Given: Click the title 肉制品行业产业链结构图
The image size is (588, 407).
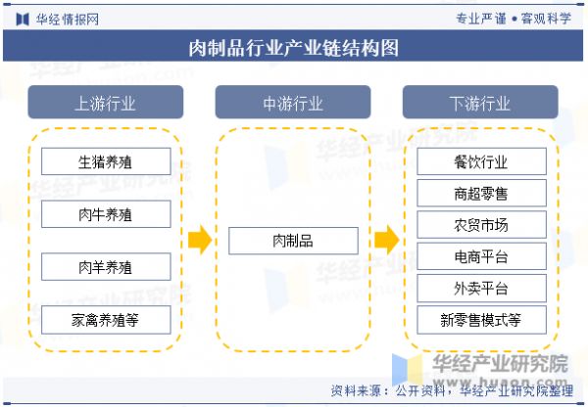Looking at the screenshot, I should coord(293,47).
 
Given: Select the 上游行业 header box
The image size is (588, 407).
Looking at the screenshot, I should coord(105,103).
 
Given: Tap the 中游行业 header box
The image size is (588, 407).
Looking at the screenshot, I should coord(293,103).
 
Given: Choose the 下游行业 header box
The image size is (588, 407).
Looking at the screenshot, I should coord(480,103).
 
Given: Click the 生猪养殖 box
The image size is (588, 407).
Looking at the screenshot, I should coord(106,161).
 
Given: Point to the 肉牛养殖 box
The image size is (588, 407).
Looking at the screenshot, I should coord(106,214).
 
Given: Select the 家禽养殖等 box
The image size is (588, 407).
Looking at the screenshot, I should coord(106,319).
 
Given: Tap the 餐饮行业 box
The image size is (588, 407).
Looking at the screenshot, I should coord(481,161).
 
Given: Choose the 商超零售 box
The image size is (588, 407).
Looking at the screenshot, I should coord(481,194).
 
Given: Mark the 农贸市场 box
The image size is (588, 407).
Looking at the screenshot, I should coord(481,225).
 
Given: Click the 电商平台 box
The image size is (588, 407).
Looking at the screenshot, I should coord(481,256).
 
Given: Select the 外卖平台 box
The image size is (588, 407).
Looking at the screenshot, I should coord(481,288).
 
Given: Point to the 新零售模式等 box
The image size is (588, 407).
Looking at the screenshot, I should coord(481,319).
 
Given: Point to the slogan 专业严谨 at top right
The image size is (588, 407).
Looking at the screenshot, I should coord(480,18).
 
